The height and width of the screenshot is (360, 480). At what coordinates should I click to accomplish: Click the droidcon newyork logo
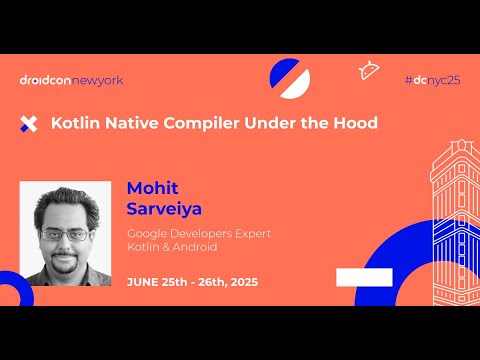[x=71, y=80]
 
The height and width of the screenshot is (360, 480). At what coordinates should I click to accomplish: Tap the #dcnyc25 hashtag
[x=432, y=80]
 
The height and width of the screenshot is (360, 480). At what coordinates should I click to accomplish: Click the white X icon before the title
[x=29, y=124]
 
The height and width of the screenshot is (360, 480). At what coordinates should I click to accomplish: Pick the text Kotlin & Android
[x=172, y=247]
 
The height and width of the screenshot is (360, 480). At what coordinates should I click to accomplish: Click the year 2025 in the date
[x=240, y=282]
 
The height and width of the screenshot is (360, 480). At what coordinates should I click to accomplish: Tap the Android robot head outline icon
[x=368, y=70]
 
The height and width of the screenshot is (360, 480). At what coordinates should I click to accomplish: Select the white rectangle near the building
[x=363, y=277]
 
